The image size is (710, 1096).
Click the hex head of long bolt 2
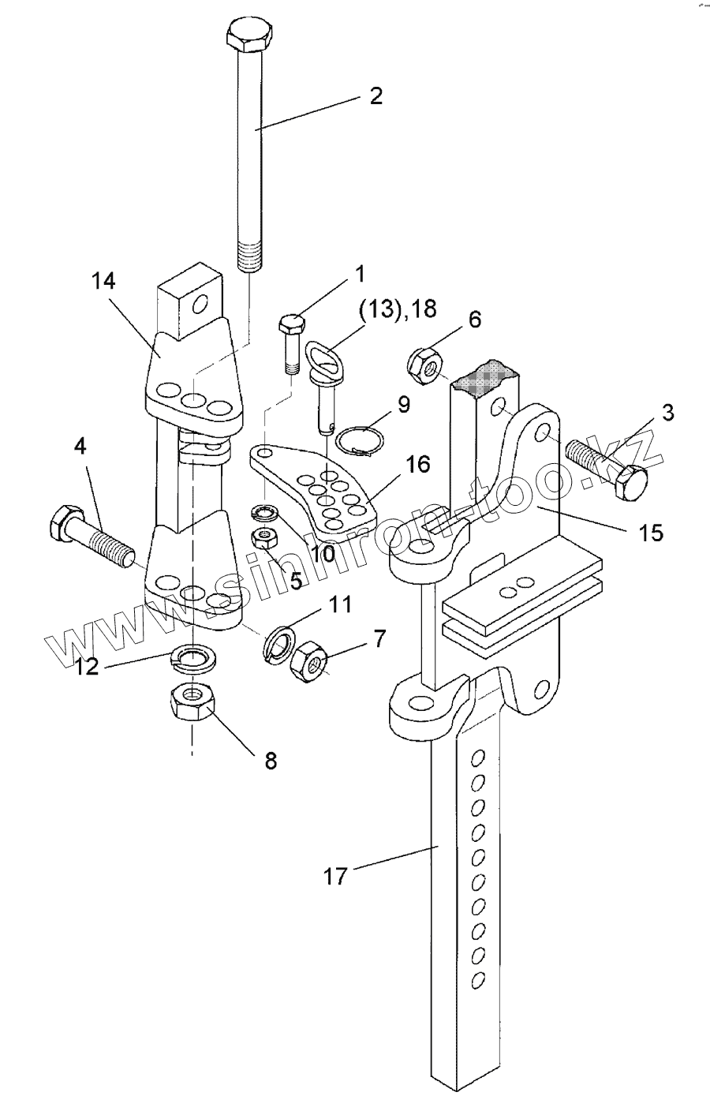(x=252, y=35)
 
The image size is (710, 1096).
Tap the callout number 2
(x=376, y=95)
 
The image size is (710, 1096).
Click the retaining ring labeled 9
(x=361, y=437)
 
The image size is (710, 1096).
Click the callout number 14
(x=103, y=281)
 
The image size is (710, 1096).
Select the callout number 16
(x=417, y=464)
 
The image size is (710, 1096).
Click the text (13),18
(x=398, y=310)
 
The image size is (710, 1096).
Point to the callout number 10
(x=322, y=553)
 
